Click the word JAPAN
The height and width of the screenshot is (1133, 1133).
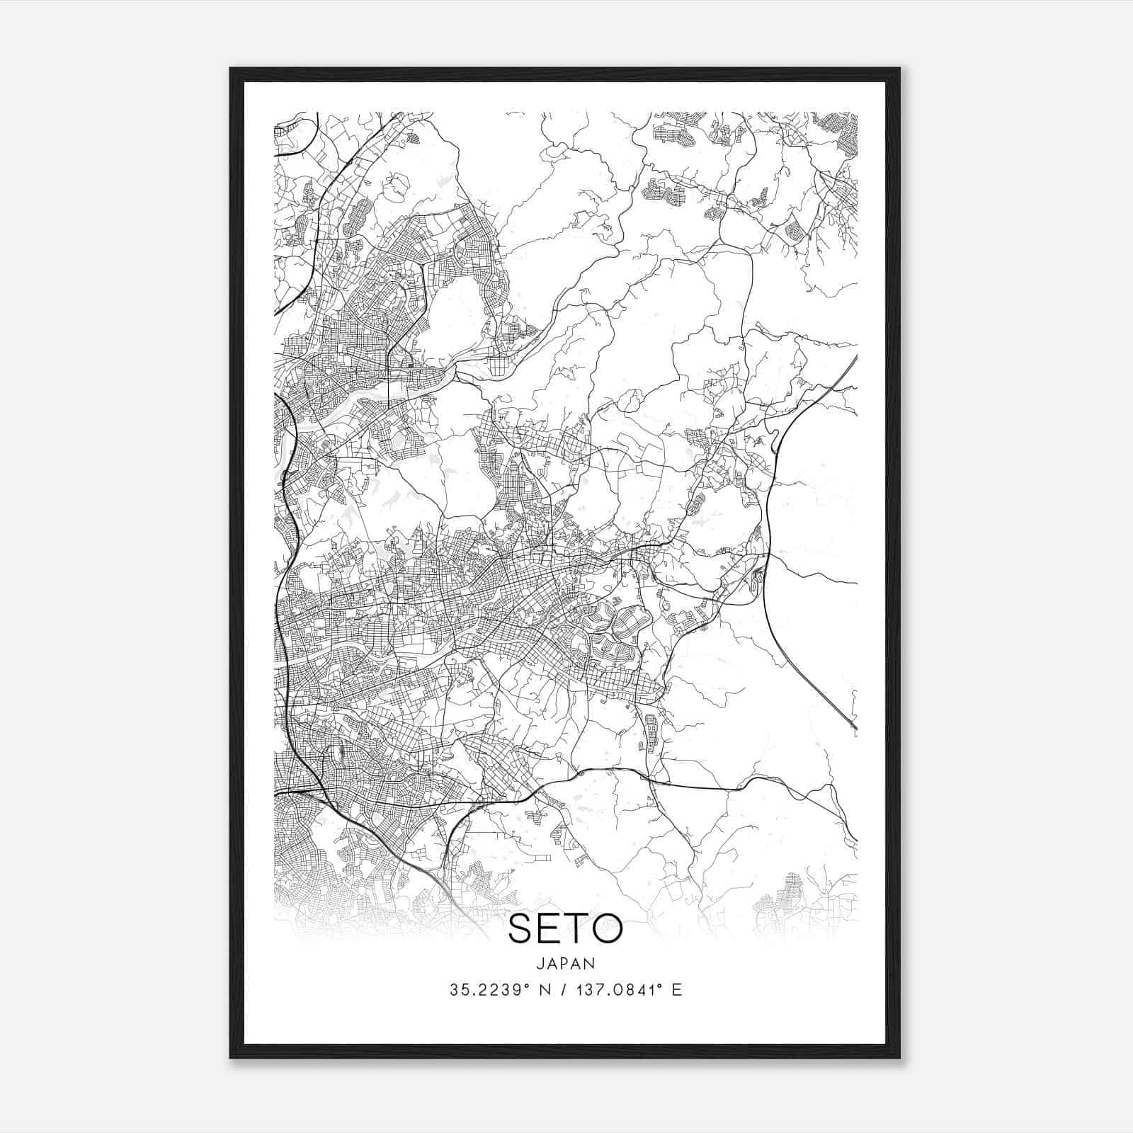coord(566,963)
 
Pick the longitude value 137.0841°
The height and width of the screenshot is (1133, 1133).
coord(622,990)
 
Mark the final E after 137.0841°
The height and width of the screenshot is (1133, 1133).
coord(677,990)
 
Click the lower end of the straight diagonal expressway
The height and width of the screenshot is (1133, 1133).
coord(855,728)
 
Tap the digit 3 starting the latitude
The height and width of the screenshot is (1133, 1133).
coord(453,990)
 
